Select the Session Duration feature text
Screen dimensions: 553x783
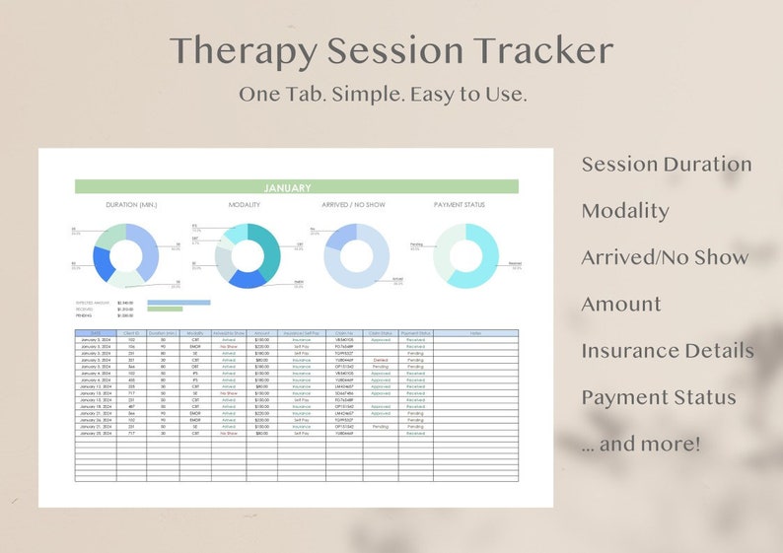(667, 164)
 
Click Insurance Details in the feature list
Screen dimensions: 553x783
(668, 351)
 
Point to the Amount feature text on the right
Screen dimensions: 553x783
(620, 305)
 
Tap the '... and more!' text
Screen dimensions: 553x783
(641, 444)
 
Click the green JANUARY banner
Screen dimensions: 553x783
(296, 187)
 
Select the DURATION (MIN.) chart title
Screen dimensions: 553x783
(131, 205)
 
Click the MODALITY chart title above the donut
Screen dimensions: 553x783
(244, 205)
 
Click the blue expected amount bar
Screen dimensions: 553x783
(178, 303)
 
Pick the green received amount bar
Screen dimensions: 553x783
(165, 310)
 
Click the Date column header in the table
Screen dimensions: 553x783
(96, 333)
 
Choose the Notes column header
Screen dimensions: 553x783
(474, 333)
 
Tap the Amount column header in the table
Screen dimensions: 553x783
(261, 333)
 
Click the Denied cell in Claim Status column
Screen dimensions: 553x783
(381, 360)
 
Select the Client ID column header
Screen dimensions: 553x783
(131, 333)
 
